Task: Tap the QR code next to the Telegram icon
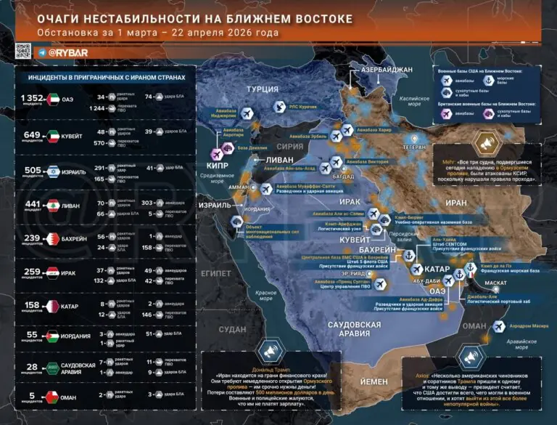pos(22,52)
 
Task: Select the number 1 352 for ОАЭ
pos(33,97)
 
